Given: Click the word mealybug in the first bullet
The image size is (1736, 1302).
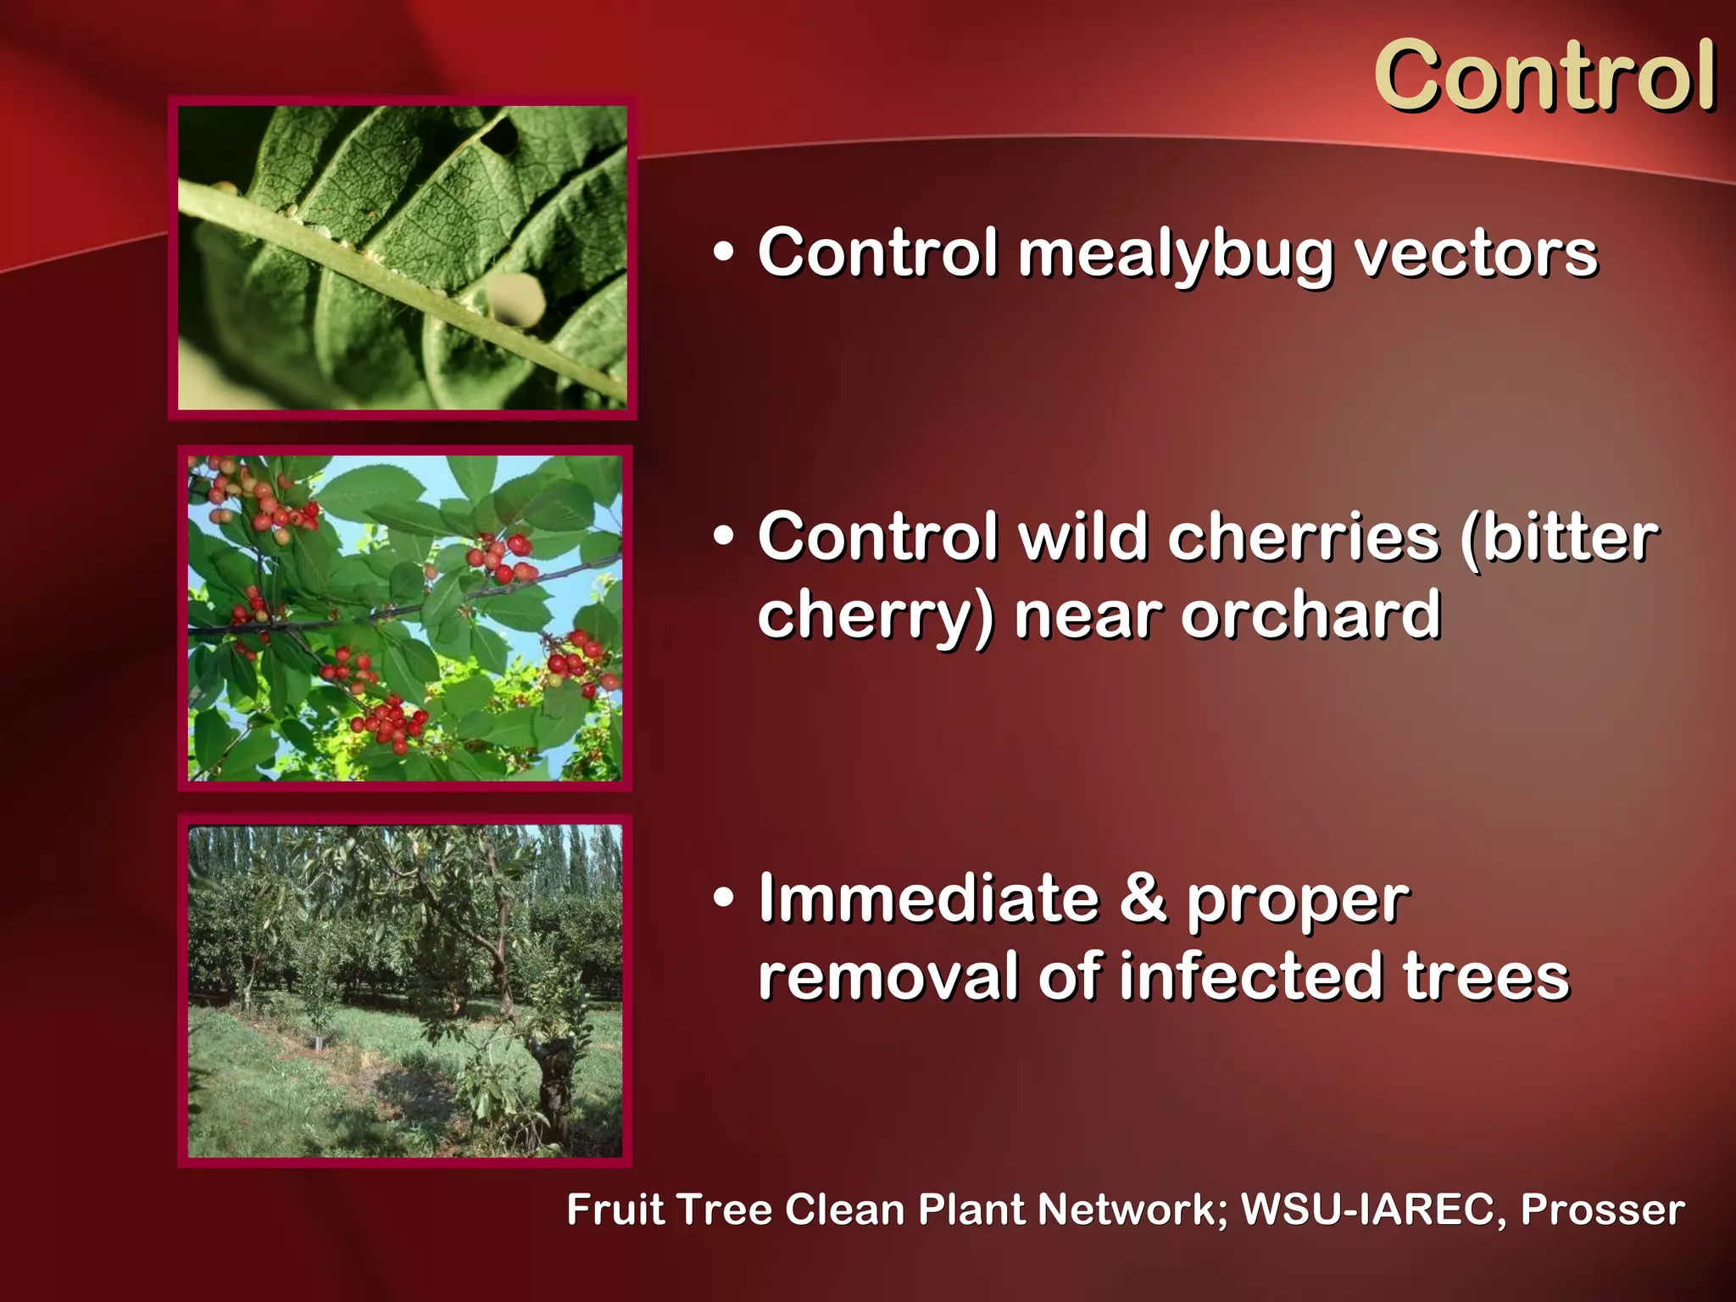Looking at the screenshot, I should (1176, 254).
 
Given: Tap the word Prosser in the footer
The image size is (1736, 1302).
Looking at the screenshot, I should (1602, 1209).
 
